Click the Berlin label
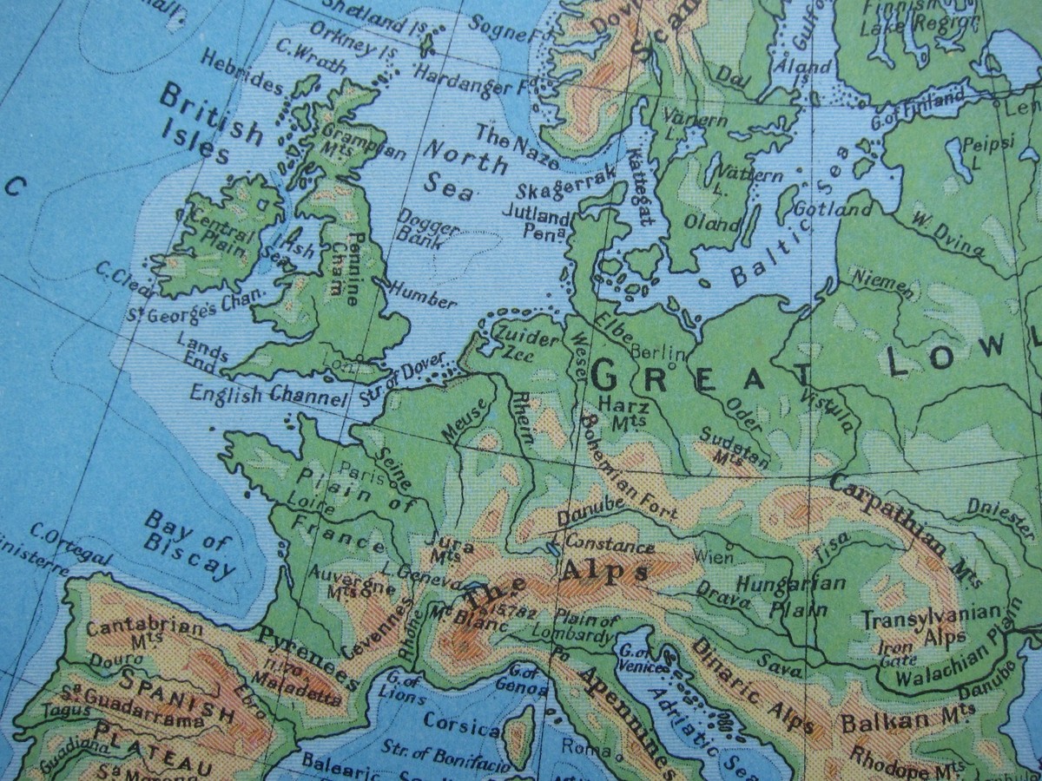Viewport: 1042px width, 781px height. [x=658, y=352]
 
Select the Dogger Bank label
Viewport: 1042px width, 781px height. [x=427, y=228]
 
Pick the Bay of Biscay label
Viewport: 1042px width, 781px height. [x=188, y=544]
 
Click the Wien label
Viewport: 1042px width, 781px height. [x=714, y=554]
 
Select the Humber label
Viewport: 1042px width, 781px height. [x=422, y=294]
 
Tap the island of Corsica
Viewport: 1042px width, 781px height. [x=519, y=734]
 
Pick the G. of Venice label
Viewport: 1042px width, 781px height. [x=641, y=657]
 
